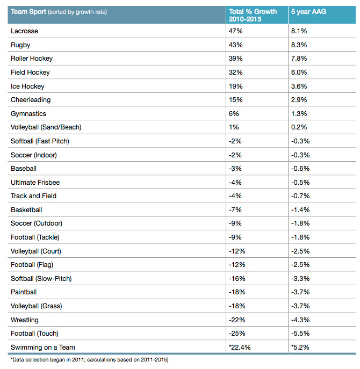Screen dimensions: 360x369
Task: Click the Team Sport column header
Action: point(59,12)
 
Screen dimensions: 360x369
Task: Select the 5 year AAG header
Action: point(308,11)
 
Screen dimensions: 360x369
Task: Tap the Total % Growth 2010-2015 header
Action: point(253,15)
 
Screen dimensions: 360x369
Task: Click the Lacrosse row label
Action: point(24,31)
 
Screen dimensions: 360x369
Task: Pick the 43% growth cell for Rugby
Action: point(235,45)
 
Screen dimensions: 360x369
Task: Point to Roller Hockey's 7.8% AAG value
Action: point(299,59)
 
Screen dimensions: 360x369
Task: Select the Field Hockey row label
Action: point(30,73)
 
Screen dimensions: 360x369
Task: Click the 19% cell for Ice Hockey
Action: point(235,86)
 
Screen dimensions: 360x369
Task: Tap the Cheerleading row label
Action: point(31,100)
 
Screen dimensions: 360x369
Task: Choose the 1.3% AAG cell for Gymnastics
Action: point(299,114)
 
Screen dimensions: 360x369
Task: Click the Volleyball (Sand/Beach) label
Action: point(46,127)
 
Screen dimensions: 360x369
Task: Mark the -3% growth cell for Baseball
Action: point(235,169)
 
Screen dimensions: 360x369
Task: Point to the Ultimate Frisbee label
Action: point(35,183)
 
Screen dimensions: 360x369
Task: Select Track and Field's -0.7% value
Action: point(300,196)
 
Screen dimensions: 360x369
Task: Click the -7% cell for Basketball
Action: point(235,209)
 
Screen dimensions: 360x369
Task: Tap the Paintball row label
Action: point(24,292)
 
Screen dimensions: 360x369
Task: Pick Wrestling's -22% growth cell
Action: point(237,320)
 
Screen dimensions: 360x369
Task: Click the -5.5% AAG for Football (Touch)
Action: point(300,333)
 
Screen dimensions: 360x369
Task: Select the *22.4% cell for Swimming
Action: point(240,347)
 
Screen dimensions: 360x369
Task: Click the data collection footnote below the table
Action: point(90,360)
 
